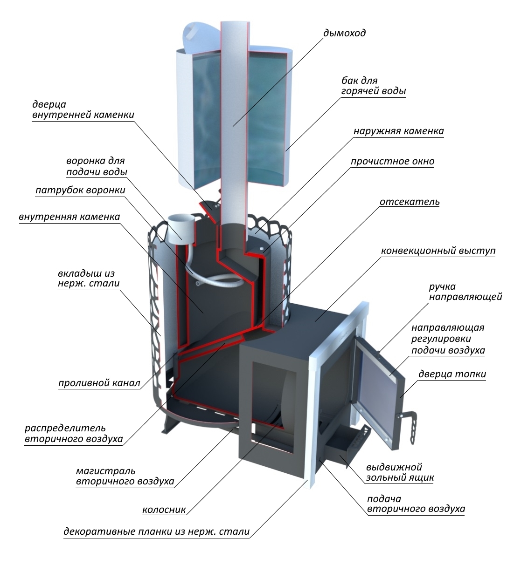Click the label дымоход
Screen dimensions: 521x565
tap(344, 33)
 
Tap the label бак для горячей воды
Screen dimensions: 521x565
tap(374, 86)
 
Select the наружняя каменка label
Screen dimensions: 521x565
tap(399, 131)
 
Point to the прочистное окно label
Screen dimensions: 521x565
tap(392, 161)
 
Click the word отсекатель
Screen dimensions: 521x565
tap(410, 202)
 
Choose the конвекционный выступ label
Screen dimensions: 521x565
tap(438, 251)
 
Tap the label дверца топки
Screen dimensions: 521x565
tap(452, 374)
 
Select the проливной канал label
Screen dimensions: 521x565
tap(99, 383)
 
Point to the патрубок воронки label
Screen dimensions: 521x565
tap(80, 190)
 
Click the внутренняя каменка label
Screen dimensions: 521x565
tap(69, 217)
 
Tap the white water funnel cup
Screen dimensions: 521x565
tap(181, 227)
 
